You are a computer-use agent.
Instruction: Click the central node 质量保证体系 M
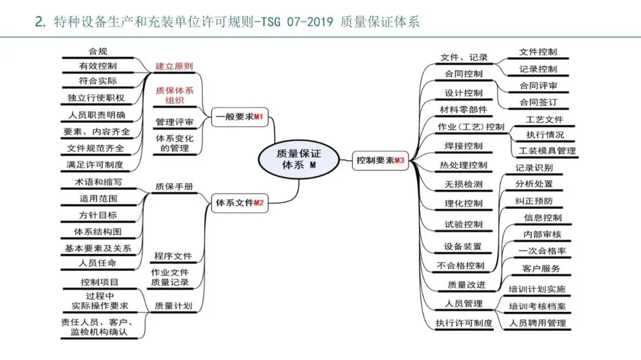tap(299, 159)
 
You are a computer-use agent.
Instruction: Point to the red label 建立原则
tap(174, 66)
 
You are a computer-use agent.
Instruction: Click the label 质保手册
tap(174, 186)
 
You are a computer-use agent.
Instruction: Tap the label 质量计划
tap(173, 306)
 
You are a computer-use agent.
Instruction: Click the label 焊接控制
tap(464, 146)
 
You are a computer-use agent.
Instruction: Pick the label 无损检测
tap(464, 184)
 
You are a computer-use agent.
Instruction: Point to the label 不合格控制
tap(460, 265)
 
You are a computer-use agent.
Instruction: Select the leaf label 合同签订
tap(538, 103)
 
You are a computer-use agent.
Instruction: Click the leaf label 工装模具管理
tap(547, 151)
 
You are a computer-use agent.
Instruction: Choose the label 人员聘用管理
tap(538, 323)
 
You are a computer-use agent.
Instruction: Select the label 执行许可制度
tap(464, 323)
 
